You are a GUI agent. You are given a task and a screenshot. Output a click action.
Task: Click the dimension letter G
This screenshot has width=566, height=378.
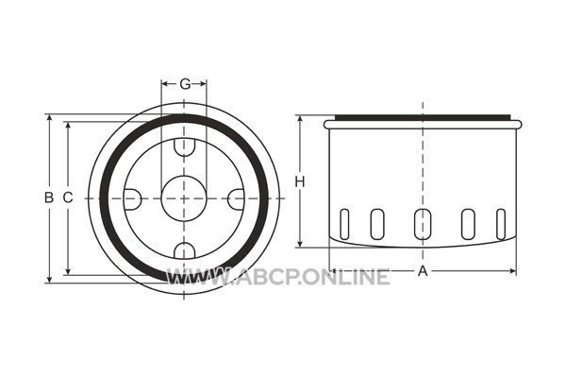pyautogui.click(x=185, y=84)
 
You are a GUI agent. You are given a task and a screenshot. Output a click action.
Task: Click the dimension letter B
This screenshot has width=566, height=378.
pyautogui.click(x=49, y=198)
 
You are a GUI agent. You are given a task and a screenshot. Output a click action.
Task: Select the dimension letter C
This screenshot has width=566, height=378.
pyautogui.click(x=68, y=198)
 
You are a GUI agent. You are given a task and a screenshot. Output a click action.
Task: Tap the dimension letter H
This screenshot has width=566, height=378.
pyautogui.click(x=300, y=181)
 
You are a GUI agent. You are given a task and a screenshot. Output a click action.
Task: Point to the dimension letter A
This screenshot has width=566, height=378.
pyautogui.click(x=423, y=271)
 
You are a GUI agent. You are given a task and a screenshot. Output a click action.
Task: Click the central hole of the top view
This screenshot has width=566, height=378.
pyautogui.click(x=184, y=198)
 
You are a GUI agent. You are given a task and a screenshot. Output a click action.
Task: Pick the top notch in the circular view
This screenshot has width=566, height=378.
pyautogui.click(x=185, y=147)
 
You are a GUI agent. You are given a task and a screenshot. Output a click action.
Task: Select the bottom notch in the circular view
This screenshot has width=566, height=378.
pyautogui.click(x=185, y=251)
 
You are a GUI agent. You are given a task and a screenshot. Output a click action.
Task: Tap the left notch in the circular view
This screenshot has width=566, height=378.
pyautogui.click(x=132, y=199)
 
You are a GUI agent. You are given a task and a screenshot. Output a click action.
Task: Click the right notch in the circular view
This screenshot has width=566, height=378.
pyautogui.click(x=237, y=199)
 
